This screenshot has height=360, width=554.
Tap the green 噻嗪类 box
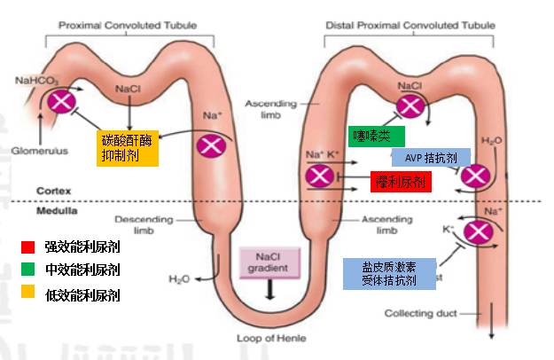coord(376,137)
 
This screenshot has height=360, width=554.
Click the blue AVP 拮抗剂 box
coord(431,157)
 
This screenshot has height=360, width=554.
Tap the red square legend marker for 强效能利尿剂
coord(29,244)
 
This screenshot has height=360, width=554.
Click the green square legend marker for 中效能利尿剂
coord(29,268)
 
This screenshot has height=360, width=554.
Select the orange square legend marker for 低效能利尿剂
coord(29,293)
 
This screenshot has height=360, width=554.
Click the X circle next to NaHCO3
coord(63,101)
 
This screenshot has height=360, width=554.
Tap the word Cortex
coord(52,192)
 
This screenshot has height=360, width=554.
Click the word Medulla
coord(56,211)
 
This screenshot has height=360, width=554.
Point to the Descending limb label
coord(137,224)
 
